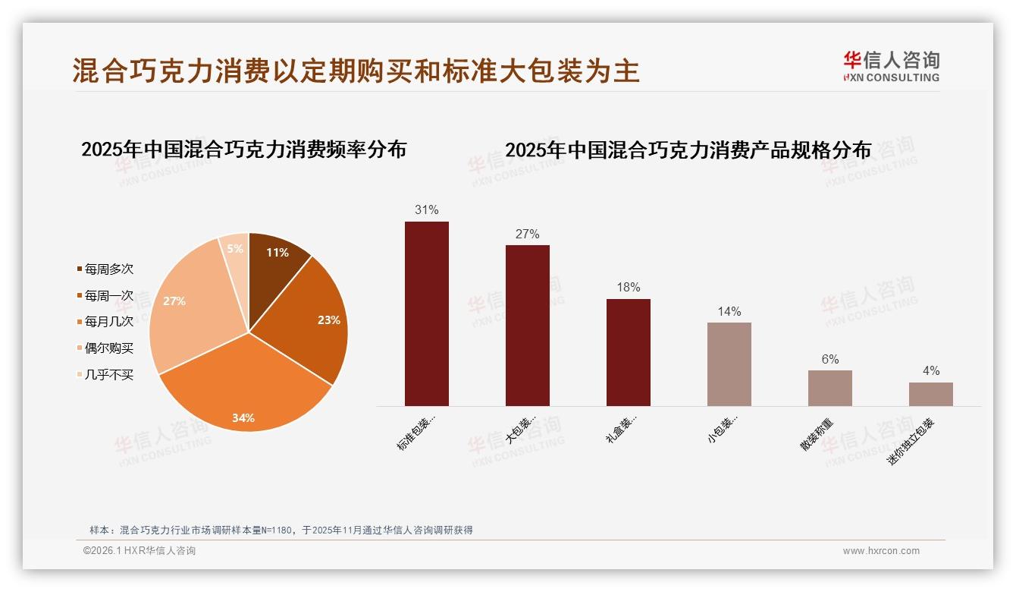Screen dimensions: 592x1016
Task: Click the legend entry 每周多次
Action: pyautogui.click(x=108, y=269)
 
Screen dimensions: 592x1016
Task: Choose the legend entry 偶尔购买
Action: pyautogui.click(x=108, y=348)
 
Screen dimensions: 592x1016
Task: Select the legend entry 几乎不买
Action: pyautogui.click(x=108, y=375)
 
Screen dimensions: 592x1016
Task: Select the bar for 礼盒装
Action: pyautogui.click(x=629, y=352)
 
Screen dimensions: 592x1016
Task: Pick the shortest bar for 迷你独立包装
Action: pyautogui.click(x=931, y=394)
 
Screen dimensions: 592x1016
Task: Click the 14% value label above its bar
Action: pyautogui.click(x=729, y=311)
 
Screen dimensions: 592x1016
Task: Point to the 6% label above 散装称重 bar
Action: pyautogui.click(x=830, y=359)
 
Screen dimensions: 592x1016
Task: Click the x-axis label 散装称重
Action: pyautogui.click(x=817, y=434)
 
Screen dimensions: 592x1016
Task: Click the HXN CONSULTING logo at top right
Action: pyautogui.click(x=891, y=67)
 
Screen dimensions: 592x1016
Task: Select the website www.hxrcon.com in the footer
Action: pyautogui.click(x=881, y=551)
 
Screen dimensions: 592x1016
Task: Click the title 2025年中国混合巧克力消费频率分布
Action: pyautogui.click(x=244, y=150)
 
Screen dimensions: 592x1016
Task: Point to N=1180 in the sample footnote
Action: pyautogui.click(x=276, y=531)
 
